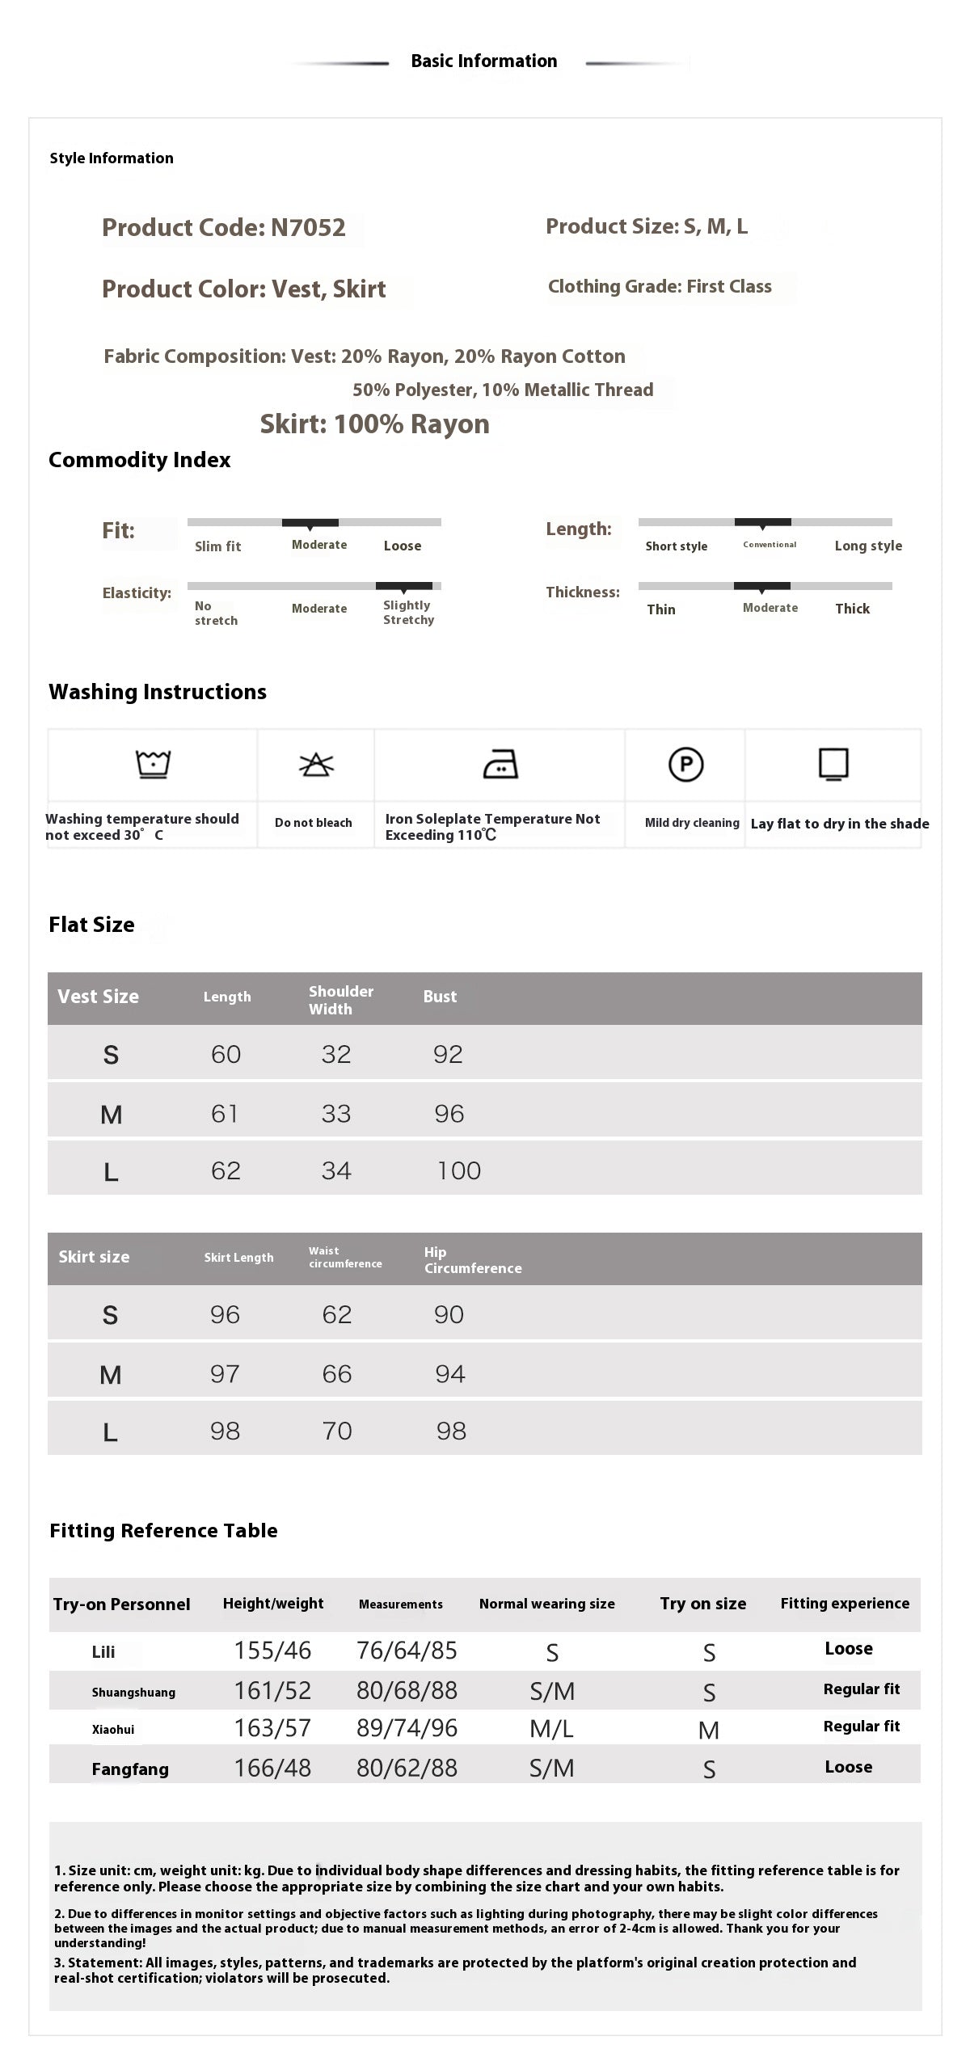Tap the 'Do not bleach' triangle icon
[316, 764]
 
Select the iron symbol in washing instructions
[500, 764]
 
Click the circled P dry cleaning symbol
[685, 764]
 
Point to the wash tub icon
[153, 763]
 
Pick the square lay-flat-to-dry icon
[833, 764]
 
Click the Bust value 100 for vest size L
[458, 1171]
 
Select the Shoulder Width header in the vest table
[340, 1000]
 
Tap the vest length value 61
[225, 1114]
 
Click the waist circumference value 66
[336, 1374]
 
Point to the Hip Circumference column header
[472, 1260]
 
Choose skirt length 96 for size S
[225, 1315]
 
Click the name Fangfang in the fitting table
[130, 1769]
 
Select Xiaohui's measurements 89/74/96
[407, 1728]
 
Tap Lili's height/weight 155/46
[272, 1651]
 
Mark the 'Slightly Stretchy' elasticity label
[408, 613]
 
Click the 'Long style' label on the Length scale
[868, 546]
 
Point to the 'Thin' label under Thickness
[660, 609]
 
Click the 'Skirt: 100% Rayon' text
[374, 424]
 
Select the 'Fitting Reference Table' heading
[163, 1531]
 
